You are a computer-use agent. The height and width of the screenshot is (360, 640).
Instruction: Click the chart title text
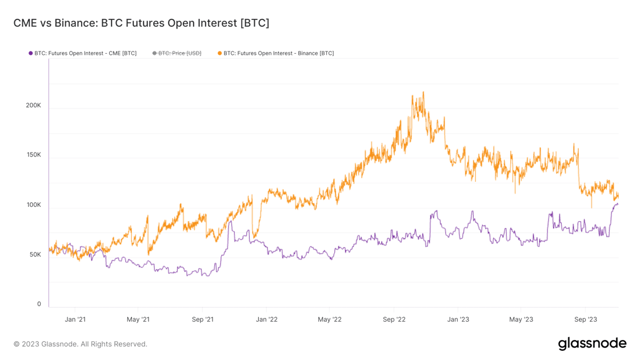141,23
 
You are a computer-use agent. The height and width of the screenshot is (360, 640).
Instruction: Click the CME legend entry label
85,53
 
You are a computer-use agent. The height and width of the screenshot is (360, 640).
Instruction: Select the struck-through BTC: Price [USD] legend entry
179,53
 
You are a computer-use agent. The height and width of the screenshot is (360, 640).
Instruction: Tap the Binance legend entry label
278,53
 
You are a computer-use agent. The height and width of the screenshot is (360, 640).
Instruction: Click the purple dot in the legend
31,53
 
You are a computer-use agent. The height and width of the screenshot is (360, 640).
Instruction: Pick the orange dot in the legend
219,53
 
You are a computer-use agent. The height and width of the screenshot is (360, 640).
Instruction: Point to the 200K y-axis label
33,105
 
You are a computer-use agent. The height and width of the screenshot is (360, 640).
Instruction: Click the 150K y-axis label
33,155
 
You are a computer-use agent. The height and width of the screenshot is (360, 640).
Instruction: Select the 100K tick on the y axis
33,205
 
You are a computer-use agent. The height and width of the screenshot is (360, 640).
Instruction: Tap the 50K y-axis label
35,254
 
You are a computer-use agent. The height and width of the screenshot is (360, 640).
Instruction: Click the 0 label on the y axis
39,304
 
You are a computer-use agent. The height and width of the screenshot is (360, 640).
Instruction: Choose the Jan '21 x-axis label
75,319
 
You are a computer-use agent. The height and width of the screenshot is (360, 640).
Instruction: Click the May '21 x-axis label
138,319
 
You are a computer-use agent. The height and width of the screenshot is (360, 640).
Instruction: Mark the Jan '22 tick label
266,319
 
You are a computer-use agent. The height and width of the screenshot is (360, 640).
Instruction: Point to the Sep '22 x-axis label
394,319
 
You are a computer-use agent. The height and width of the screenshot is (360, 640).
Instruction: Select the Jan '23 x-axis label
458,319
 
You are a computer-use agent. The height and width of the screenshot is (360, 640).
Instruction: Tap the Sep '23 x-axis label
586,319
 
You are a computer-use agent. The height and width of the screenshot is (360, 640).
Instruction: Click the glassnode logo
592,343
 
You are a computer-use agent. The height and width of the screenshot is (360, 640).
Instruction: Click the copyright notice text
81,344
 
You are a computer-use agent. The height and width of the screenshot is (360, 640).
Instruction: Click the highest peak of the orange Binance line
423,93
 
